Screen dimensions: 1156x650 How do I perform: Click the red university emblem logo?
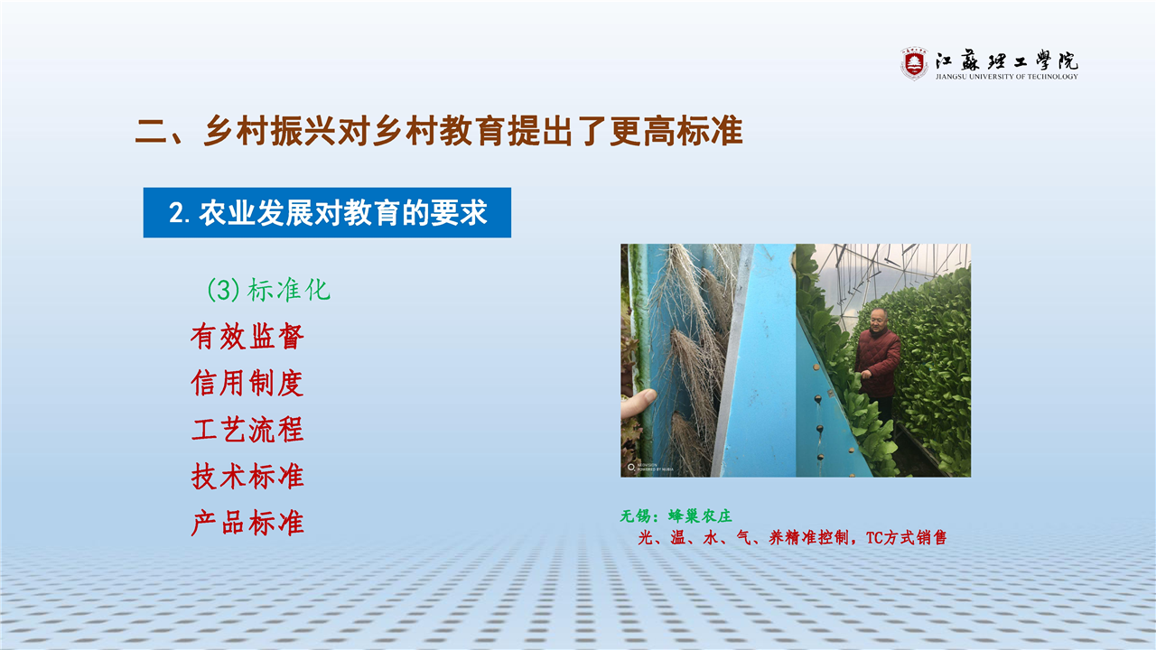(914, 64)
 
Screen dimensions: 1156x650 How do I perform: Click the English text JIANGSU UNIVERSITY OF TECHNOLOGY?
(1006, 77)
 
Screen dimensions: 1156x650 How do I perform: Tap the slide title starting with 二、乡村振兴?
(439, 131)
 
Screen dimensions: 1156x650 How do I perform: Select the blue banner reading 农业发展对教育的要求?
(327, 212)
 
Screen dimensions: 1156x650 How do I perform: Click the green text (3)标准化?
(268, 290)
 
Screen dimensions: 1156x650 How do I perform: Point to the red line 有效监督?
(247, 337)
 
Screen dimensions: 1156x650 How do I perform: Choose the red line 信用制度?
(247, 384)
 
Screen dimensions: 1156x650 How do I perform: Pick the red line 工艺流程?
(247, 430)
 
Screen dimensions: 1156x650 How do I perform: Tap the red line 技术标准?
(247, 476)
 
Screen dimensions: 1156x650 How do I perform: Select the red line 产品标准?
(247, 523)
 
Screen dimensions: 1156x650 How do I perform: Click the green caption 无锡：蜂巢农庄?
(676, 515)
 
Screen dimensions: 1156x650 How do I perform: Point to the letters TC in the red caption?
(874, 538)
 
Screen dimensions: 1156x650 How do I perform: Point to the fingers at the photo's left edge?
(637, 403)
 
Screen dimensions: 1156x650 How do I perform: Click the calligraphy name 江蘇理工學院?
(1006, 60)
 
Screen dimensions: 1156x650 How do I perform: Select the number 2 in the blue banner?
(175, 213)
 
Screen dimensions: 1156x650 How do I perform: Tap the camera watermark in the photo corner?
(649, 468)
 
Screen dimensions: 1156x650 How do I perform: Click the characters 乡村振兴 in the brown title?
(269, 131)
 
